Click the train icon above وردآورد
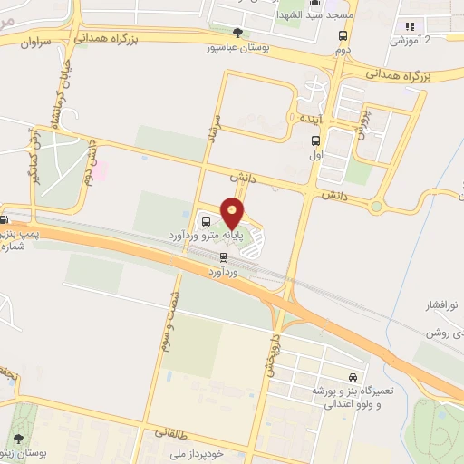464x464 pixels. [x=223, y=256]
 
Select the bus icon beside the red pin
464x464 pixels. [x=207, y=221]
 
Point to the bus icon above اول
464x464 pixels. [x=315, y=140]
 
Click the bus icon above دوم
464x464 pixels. [x=343, y=36]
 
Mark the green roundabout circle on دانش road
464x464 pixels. [x=376, y=207]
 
